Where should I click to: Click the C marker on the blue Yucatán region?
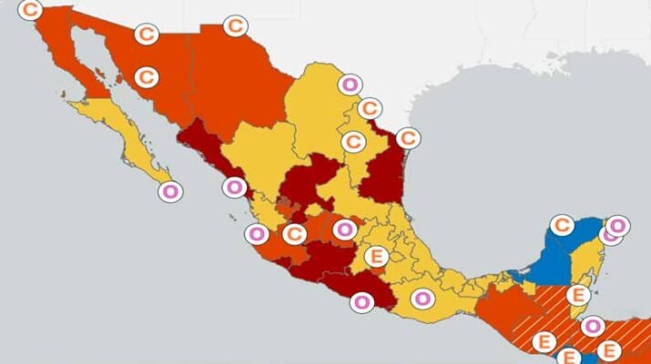[x=563, y=225]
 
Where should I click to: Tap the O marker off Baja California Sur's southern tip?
[x=168, y=191]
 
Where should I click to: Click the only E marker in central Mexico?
[x=375, y=257]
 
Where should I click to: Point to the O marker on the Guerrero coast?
[x=361, y=300]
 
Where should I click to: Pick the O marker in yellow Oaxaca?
[x=422, y=298]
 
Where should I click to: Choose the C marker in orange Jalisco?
[x=293, y=235]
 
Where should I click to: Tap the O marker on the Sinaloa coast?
[x=234, y=187]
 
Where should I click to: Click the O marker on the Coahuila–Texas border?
[x=349, y=85]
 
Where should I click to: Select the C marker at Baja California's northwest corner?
[x=31, y=10]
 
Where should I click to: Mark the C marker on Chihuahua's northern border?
[x=235, y=25]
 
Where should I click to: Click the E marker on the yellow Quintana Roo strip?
[x=577, y=294]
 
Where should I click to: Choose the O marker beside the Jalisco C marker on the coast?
[x=257, y=234]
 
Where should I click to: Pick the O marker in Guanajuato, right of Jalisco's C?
[x=344, y=229]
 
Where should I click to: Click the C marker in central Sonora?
[x=146, y=76]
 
